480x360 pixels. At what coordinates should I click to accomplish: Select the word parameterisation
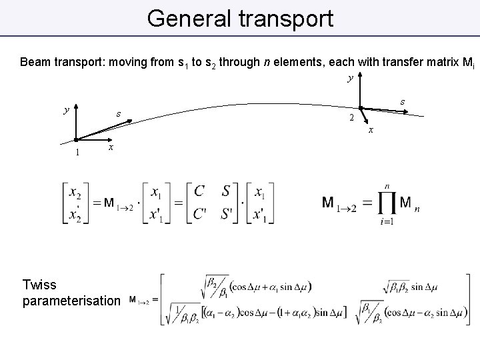[x=71, y=301]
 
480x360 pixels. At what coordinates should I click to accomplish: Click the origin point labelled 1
[x=77, y=139]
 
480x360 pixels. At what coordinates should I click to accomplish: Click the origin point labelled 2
[x=359, y=108]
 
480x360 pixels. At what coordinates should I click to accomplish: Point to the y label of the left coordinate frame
[x=65, y=110]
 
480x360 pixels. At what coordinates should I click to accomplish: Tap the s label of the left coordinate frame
[x=118, y=113]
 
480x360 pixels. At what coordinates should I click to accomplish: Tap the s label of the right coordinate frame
[x=403, y=101]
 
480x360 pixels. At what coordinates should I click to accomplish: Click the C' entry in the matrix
[x=201, y=213]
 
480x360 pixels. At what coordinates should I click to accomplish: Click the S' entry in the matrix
[x=228, y=213]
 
